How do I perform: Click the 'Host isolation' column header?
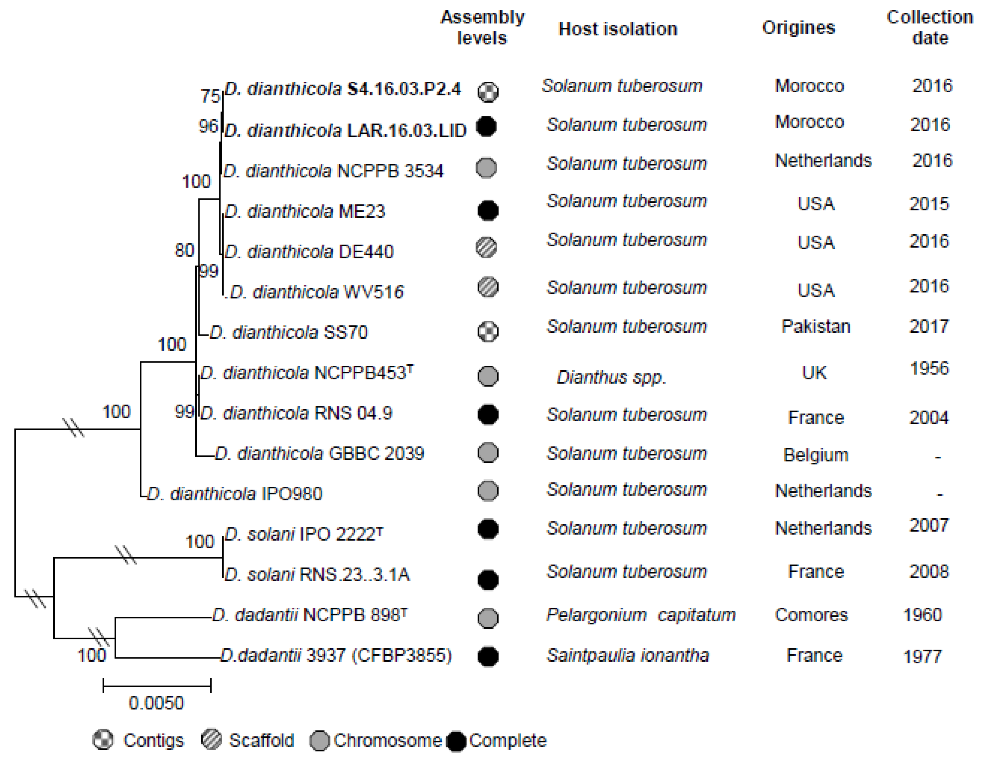tap(617, 29)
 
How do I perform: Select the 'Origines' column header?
tap(799, 28)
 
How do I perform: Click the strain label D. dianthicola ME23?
tap(305, 211)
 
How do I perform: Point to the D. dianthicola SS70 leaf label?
tap(289, 333)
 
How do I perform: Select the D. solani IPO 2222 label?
tap(304, 534)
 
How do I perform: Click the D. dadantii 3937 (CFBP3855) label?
tap(336, 656)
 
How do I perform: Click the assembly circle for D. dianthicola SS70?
tap(488, 332)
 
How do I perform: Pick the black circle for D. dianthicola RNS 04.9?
tap(488, 414)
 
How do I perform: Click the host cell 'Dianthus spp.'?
tap(611, 377)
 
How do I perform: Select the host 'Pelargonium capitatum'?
tap(641, 615)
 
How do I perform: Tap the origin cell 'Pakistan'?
tap(815, 326)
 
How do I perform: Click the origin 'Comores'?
tap(811, 615)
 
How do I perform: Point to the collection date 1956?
tap(929, 369)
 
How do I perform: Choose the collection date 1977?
tap(922, 657)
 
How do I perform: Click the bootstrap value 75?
tap(210, 96)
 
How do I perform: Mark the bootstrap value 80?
tap(184, 250)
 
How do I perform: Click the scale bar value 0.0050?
tap(156, 703)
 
